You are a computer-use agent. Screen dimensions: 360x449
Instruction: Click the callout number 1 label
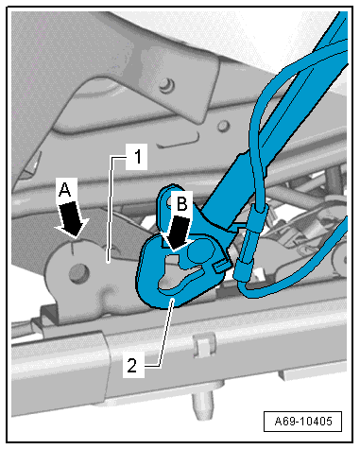click(x=136, y=157)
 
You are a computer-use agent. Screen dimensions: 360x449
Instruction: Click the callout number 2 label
click(x=133, y=365)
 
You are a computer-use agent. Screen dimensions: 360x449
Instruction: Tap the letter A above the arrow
click(x=65, y=189)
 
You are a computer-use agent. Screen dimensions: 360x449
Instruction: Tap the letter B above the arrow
click(x=181, y=203)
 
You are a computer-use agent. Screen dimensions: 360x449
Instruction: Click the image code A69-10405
click(x=302, y=421)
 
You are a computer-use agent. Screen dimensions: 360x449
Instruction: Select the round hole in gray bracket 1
click(x=77, y=272)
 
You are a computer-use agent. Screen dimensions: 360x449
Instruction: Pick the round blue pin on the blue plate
click(x=199, y=250)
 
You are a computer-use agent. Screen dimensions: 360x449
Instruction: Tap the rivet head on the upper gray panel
click(x=166, y=84)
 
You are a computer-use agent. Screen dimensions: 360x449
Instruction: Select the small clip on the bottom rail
click(x=204, y=346)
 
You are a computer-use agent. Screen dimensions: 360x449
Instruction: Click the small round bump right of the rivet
click(x=223, y=126)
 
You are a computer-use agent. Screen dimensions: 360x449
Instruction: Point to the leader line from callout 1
click(x=111, y=208)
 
